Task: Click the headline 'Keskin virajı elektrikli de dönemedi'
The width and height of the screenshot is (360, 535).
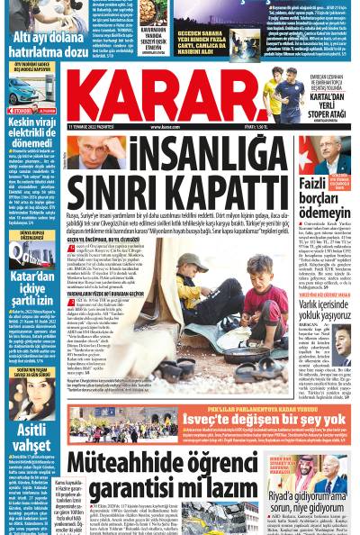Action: point(33,132)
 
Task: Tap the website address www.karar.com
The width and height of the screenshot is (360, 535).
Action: point(167,128)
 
